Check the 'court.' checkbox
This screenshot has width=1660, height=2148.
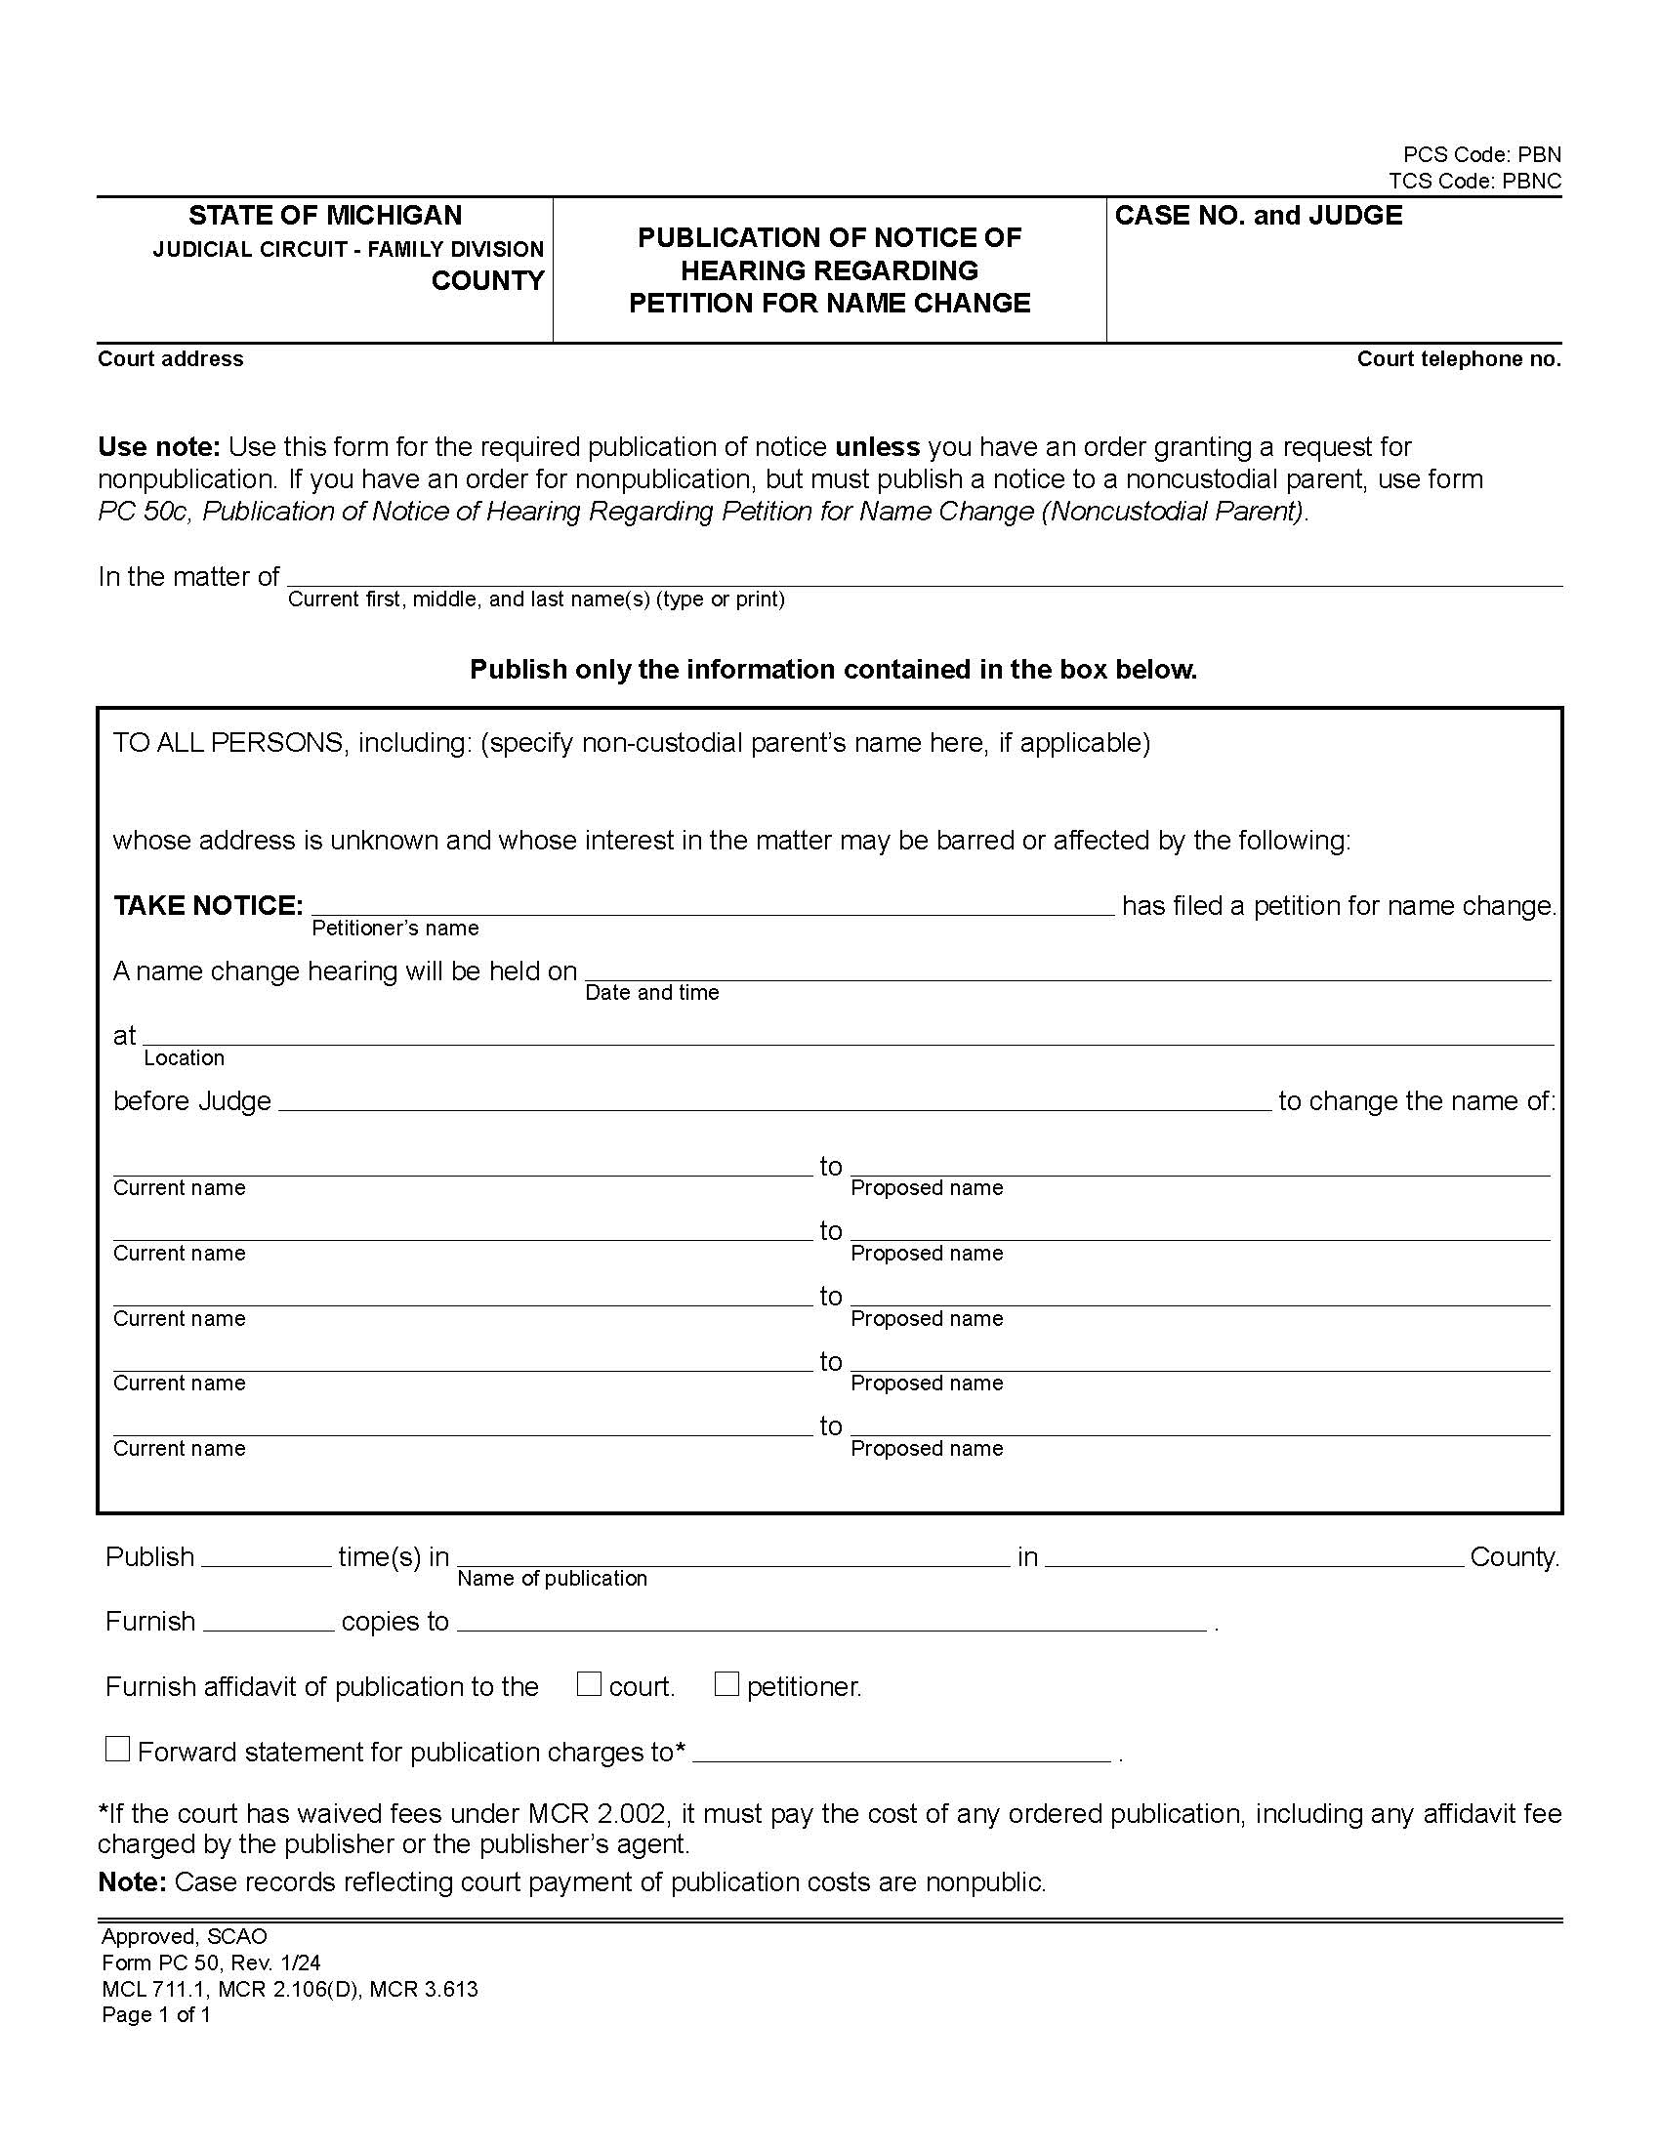(589, 1685)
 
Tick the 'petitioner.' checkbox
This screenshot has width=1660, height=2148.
(726, 1685)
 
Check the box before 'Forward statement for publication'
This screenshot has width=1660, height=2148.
(118, 1750)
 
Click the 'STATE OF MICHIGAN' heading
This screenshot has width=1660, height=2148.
(325, 216)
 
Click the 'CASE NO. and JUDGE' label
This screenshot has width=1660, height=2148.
(1259, 216)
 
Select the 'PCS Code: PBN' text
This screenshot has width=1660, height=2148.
(1482, 154)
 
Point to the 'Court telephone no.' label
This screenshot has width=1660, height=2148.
(1459, 359)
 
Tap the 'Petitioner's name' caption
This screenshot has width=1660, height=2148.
(395, 929)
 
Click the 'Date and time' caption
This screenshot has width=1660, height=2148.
(652, 993)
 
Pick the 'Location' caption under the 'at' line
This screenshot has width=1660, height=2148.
(184, 1058)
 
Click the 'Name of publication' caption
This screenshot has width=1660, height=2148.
(552, 1579)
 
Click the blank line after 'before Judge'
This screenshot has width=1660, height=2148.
(775, 1099)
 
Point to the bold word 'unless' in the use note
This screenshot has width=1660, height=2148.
(877, 447)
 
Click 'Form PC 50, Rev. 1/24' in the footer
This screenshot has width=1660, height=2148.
(212, 1963)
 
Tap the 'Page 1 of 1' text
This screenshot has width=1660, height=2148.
(156, 2014)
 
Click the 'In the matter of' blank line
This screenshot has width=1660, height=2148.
(925, 576)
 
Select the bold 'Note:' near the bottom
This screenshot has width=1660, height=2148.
(133, 1882)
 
